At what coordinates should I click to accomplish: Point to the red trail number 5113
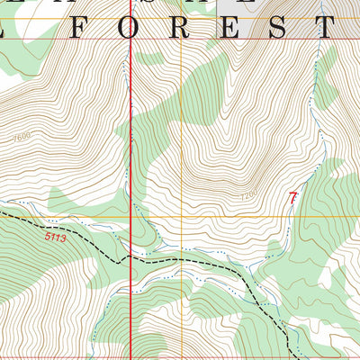pos(55,238)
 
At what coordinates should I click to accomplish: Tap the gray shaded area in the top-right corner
pos(346,18)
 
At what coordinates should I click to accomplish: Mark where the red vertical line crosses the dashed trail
pos(131,256)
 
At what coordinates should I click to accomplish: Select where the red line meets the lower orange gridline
pos(131,218)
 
